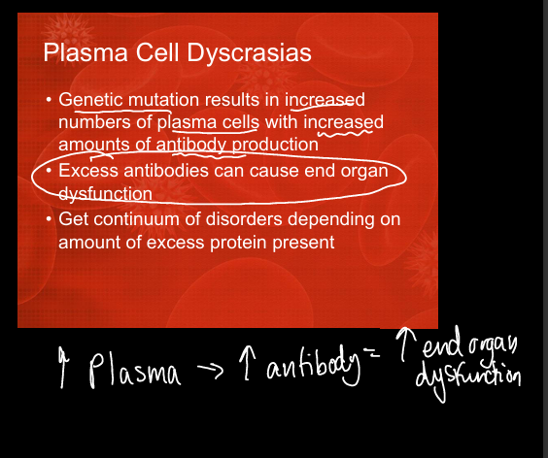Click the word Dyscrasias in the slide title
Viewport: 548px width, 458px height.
[x=249, y=53]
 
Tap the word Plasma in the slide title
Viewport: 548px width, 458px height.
[x=86, y=52]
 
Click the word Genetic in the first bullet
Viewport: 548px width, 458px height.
[x=90, y=100]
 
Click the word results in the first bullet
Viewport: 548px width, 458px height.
[x=231, y=100]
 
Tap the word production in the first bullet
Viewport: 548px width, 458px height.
[x=275, y=146]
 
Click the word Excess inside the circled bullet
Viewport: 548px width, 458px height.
[x=88, y=171]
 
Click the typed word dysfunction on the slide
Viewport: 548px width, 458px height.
[x=106, y=194]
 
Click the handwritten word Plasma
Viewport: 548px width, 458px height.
[x=135, y=370]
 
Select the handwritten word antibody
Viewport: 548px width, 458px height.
[x=313, y=367]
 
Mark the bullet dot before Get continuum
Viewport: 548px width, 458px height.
[x=50, y=219]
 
